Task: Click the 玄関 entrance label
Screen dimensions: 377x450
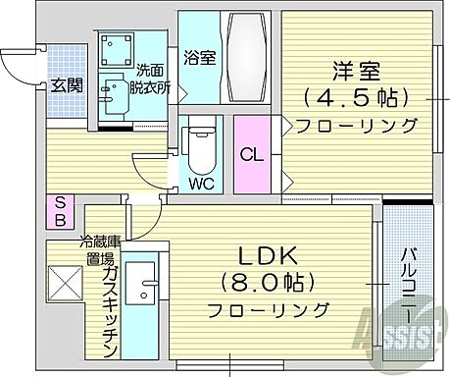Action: click(x=68, y=85)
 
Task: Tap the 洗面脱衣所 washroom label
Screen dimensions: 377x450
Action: click(x=153, y=78)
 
